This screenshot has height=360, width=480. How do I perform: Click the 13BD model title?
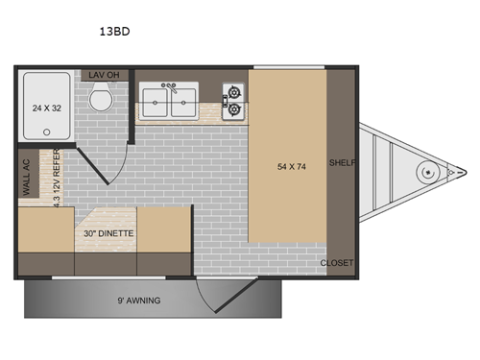point(114,30)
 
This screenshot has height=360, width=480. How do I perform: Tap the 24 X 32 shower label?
point(44,108)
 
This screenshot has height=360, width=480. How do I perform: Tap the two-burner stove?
point(233,103)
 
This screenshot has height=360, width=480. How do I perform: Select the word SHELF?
point(341,163)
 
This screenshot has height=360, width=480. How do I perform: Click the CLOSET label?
point(337,262)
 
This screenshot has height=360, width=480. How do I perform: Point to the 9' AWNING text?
point(140,300)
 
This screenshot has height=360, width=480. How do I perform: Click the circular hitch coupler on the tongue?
point(424,172)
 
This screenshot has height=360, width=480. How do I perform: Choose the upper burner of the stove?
point(233,94)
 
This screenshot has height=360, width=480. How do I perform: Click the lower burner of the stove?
point(233,111)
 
